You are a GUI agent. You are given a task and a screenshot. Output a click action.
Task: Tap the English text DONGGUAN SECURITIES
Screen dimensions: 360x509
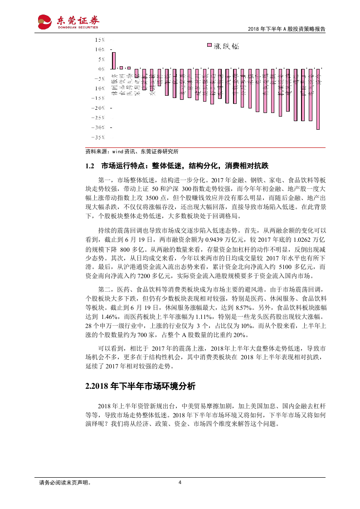click(x=77, y=27)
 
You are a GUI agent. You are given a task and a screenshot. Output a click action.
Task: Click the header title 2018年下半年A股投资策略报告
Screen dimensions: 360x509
click(x=287, y=29)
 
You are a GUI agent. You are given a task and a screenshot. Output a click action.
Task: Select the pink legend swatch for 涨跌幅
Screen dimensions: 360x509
click(x=209, y=46)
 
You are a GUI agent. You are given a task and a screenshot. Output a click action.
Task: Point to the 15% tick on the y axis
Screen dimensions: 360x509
click(x=100, y=40)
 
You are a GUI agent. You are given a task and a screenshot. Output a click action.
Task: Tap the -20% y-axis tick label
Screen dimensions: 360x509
click(x=98, y=108)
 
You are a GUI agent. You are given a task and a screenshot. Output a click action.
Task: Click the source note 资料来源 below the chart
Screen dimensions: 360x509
click(x=132, y=152)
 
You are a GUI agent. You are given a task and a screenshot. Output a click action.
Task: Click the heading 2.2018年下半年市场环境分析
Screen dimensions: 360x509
click(x=140, y=387)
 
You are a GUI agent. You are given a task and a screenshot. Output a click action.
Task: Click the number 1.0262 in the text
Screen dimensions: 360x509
click(x=302, y=240)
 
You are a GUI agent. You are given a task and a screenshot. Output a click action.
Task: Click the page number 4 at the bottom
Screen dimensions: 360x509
click(x=180, y=495)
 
